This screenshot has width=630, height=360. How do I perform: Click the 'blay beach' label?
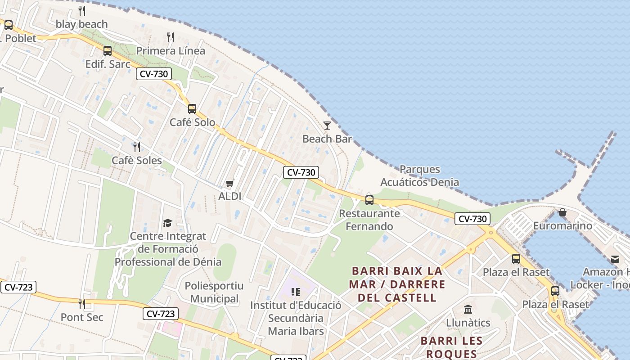(x=82, y=24)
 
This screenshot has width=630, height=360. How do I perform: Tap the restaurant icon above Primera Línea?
(x=171, y=37)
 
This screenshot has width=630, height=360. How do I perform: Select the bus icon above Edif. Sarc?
(x=108, y=51)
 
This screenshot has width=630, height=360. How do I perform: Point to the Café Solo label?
(x=192, y=122)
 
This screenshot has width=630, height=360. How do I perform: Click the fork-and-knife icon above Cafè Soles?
(x=137, y=147)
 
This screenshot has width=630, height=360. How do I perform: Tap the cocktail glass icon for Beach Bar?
(x=327, y=126)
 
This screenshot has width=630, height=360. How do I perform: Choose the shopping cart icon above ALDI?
(x=230, y=183)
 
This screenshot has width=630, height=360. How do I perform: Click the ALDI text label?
(x=230, y=196)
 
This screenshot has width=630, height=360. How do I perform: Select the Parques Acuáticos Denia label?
(x=419, y=176)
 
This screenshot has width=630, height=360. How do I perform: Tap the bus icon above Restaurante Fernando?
(x=369, y=200)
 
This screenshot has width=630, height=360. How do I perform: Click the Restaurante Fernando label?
(x=369, y=220)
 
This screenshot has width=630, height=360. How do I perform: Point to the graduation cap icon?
(x=168, y=223)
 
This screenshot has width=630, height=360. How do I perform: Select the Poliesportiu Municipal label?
(x=214, y=292)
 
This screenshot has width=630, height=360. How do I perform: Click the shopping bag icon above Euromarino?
(x=562, y=212)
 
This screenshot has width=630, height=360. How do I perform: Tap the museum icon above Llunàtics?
(x=468, y=310)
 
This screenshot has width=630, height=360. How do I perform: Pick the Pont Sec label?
(x=82, y=317)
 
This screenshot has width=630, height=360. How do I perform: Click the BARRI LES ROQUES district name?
(x=451, y=347)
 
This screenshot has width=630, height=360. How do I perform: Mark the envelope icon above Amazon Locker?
(x=615, y=259)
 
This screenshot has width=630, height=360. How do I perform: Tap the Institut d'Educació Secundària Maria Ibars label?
(x=296, y=318)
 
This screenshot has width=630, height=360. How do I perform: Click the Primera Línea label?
(x=171, y=51)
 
